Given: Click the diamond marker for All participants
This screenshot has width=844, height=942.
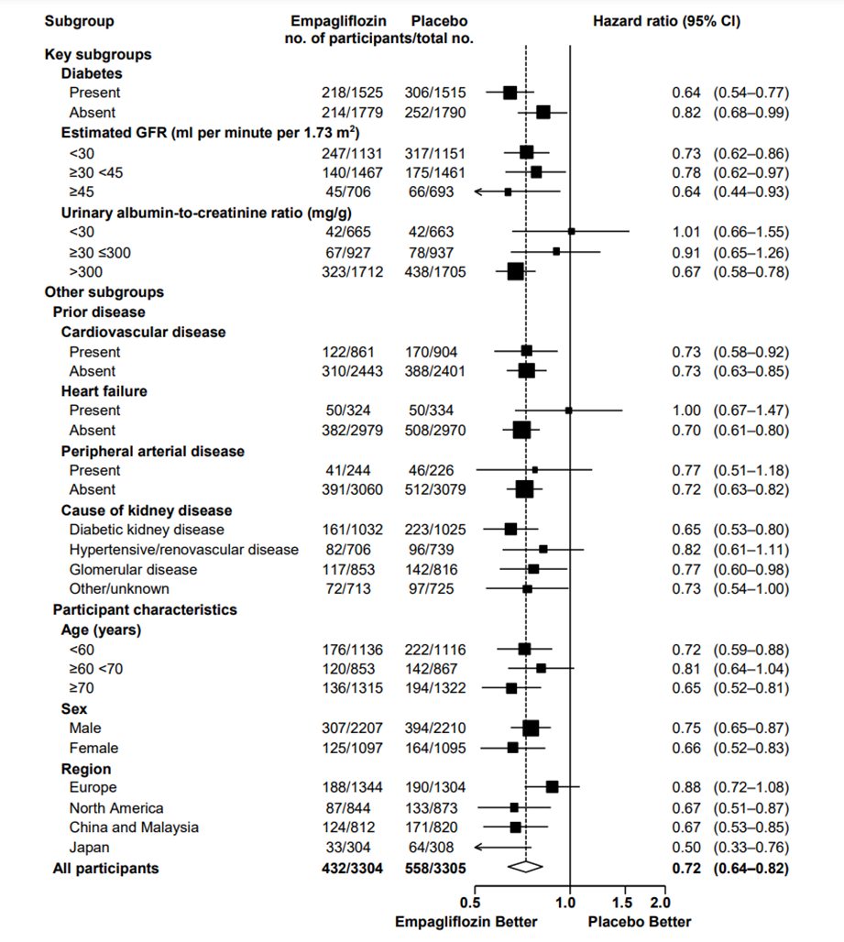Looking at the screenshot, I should tap(526, 867).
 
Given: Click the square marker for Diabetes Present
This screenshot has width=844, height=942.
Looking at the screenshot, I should tap(510, 93).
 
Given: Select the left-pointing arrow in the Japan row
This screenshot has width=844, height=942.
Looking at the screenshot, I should tap(480, 847).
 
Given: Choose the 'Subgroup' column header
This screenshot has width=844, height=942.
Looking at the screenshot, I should tap(80, 20).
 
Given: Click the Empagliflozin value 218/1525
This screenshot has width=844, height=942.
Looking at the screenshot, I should tap(343, 93).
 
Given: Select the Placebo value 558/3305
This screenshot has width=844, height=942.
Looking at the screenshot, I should tap(436, 868).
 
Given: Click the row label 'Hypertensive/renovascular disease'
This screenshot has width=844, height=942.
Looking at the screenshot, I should tap(184, 550).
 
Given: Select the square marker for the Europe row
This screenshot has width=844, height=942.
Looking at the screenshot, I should tap(552, 786).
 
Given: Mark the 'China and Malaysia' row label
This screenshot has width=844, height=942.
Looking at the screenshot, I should tap(134, 827).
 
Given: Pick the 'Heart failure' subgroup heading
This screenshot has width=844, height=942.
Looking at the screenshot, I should tap(104, 391).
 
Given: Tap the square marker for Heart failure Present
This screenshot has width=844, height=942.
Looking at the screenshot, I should tap(568, 411).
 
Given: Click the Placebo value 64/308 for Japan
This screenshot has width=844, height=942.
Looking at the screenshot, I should tap(429, 848).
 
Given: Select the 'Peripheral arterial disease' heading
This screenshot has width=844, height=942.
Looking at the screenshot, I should tap(153, 451).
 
